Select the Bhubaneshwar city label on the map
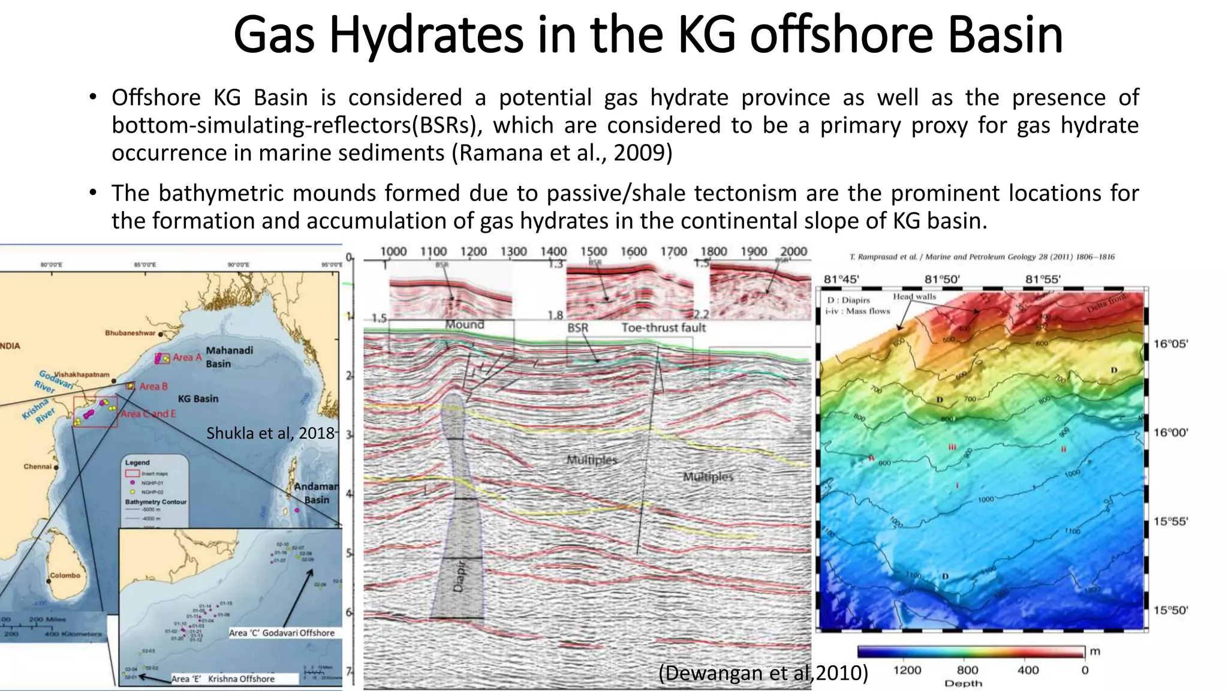point(130,333)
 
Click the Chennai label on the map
point(37,467)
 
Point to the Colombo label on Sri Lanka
point(65,575)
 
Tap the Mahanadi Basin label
point(229,357)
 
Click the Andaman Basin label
point(316,493)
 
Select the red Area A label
point(187,357)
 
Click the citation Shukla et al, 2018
point(270,433)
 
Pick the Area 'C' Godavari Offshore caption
point(282,633)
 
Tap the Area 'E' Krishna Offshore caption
point(223,679)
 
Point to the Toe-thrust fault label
point(663,328)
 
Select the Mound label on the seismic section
point(464,325)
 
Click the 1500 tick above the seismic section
point(593,252)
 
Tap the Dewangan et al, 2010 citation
point(763,674)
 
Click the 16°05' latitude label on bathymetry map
point(1170,344)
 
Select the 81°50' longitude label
point(942,279)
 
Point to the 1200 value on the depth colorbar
point(907,670)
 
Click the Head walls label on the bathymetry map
point(914,296)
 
